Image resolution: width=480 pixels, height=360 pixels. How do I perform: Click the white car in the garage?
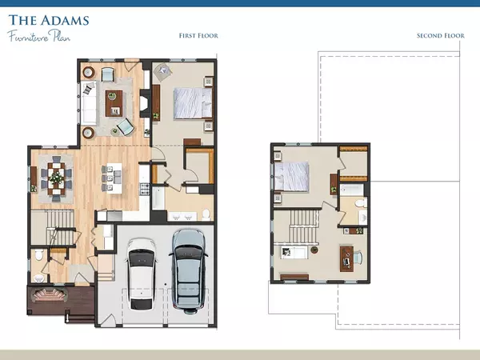(x=141, y=272)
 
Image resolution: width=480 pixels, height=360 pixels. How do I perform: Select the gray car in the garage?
(x=188, y=269)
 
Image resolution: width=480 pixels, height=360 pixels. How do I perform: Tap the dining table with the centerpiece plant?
(x=55, y=178)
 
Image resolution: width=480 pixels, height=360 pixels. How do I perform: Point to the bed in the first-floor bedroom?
(x=193, y=103)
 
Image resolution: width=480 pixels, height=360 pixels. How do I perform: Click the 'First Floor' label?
(x=198, y=35)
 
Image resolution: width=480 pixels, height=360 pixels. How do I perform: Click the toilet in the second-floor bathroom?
(x=360, y=207)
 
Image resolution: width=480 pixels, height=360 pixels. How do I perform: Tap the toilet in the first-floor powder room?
(x=38, y=256)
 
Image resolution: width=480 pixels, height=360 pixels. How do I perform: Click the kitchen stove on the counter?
(x=145, y=190)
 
